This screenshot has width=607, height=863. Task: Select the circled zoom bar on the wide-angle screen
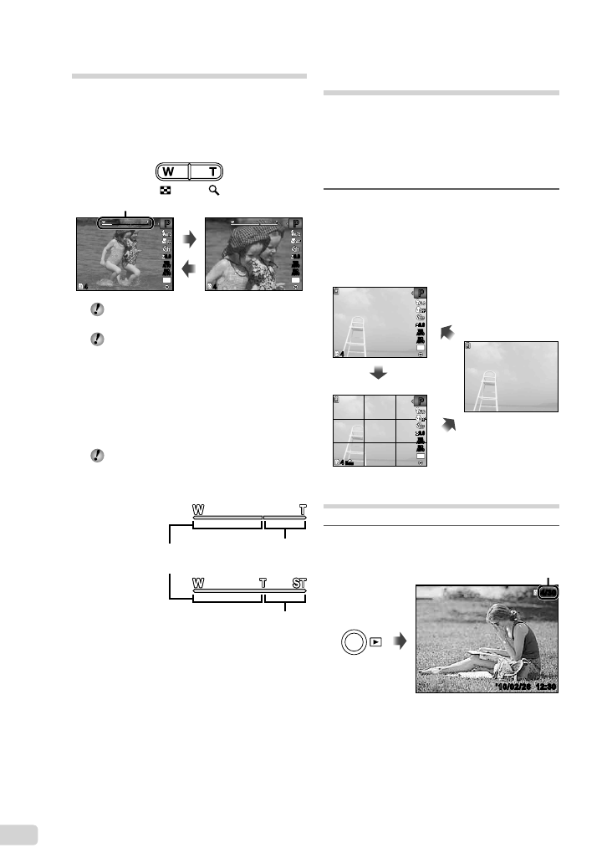[126, 223]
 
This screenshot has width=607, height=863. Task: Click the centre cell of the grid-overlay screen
[380, 430]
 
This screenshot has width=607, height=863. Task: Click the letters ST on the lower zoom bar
[299, 583]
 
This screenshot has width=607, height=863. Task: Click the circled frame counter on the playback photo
[548, 593]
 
